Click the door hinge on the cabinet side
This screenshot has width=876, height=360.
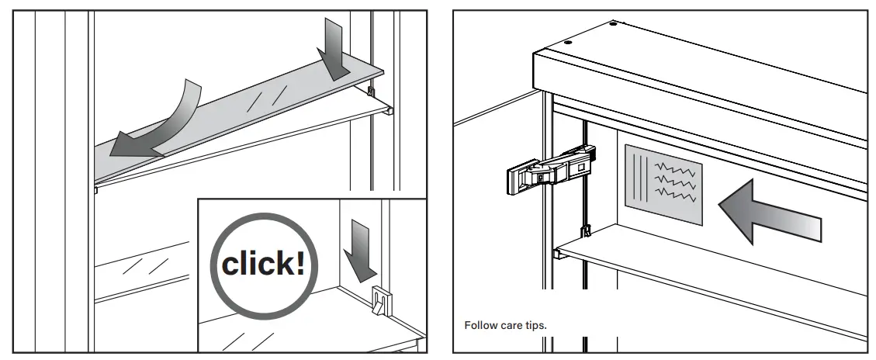coord(550,168)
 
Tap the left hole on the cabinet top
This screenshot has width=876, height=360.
coord(567,43)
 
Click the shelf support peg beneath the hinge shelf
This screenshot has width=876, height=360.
coord(558,253)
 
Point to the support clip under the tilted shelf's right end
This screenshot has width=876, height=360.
coord(372,92)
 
